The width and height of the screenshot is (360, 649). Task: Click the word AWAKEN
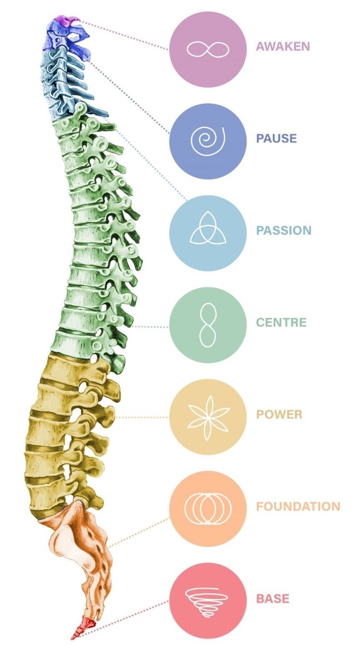[x=283, y=46]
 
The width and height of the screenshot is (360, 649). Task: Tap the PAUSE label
[x=276, y=138]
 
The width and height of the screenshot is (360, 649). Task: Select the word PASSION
[x=283, y=230]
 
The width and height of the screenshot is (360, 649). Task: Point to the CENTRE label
[x=281, y=323]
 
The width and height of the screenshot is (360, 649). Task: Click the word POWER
[x=279, y=415]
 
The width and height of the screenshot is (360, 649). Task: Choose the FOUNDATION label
[x=298, y=506]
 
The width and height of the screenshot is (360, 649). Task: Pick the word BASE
[x=273, y=598]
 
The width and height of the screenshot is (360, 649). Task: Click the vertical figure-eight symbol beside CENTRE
[x=207, y=325]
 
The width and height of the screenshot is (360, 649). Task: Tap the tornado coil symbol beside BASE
[x=207, y=601]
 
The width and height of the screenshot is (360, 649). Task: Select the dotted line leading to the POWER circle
[x=142, y=417]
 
